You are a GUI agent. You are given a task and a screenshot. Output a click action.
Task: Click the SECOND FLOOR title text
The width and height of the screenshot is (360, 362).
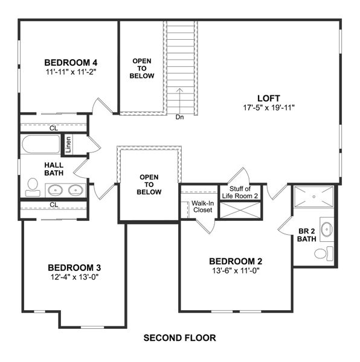pyautogui.click(x=179, y=338)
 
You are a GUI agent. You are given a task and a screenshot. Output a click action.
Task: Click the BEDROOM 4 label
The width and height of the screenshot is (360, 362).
pyautogui.click(x=71, y=62)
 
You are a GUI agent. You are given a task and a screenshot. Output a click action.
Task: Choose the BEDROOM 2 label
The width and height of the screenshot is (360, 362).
pyautogui.click(x=236, y=261)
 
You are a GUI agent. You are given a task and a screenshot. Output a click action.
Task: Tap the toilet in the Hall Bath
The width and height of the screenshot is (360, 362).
pyautogui.click(x=33, y=188)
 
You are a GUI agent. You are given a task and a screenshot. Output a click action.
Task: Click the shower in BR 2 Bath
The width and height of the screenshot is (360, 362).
pyautogui.click(x=314, y=197)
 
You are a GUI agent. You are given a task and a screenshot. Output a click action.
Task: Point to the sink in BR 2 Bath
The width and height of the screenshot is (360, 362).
pyautogui.click(x=326, y=229)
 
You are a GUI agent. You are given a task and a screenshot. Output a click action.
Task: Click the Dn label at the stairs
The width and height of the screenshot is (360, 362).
pyautogui.click(x=180, y=117)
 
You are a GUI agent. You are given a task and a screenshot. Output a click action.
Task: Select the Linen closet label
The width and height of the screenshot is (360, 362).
pyautogui.click(x=68, y=145)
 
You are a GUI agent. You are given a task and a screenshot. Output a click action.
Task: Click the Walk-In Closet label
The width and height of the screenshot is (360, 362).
pyautogui.click(x=203, y=207)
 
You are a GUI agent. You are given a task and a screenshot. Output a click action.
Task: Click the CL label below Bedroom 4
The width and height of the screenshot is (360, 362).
pyautogui.click(x=53, y=127)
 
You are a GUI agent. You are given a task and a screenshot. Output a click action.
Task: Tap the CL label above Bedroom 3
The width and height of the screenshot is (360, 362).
pyautogui.click(x=53, y=205)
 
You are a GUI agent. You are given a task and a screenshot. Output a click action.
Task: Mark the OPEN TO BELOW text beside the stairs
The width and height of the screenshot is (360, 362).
pyautogui.click(x=143, y=68)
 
